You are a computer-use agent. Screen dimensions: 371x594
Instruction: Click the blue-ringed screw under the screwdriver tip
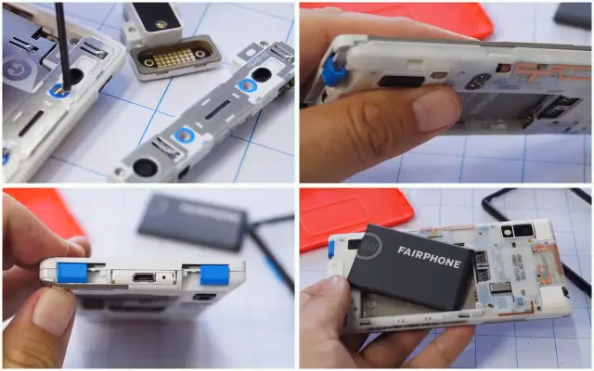(62, 90)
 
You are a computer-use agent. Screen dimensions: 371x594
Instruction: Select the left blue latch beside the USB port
(72, 273)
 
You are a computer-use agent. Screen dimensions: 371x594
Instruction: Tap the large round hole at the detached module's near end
(145, 167)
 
